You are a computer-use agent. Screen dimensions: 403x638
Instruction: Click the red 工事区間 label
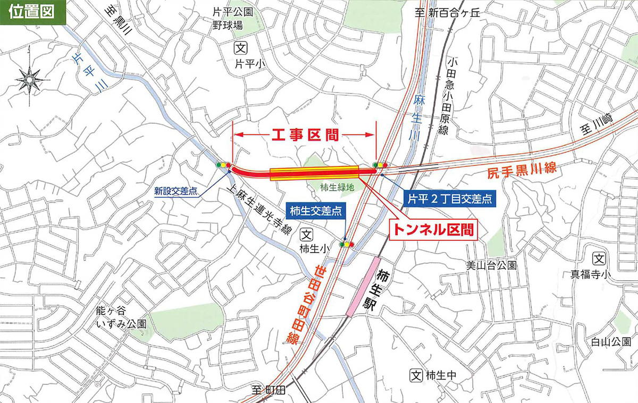tap(305, 135)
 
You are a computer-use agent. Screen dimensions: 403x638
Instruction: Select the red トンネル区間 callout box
tap(432, 230)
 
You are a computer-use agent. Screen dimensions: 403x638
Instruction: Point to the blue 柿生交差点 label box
tap(315, 211)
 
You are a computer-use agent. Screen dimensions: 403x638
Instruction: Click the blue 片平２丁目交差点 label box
tap(449, 199)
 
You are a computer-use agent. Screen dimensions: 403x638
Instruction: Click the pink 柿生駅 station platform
tap(364, 287)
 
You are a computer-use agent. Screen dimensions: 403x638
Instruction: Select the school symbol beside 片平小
tap(241, 48)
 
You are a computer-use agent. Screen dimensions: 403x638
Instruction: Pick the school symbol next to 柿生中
tap(416, 375)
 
